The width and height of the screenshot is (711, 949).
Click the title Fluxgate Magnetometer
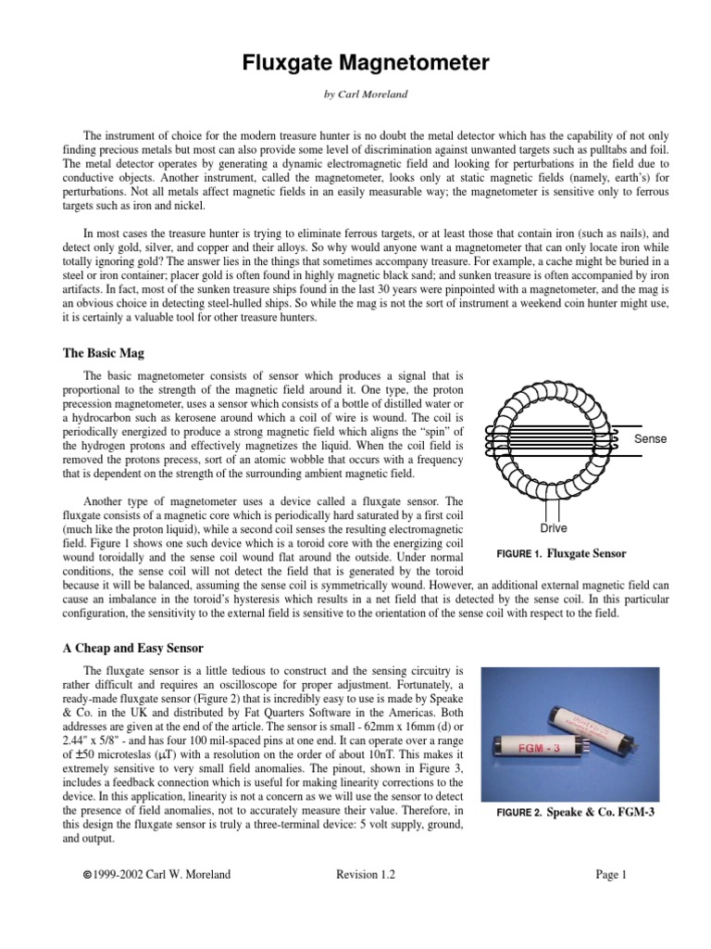tap(355, 63)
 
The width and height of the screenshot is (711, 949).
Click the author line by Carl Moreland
tap(355, 95)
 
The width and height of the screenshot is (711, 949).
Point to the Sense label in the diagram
tap(650, 438)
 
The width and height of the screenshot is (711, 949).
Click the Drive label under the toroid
tap(554, 528)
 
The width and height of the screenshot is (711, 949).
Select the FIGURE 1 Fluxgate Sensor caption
tap(562, 553)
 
